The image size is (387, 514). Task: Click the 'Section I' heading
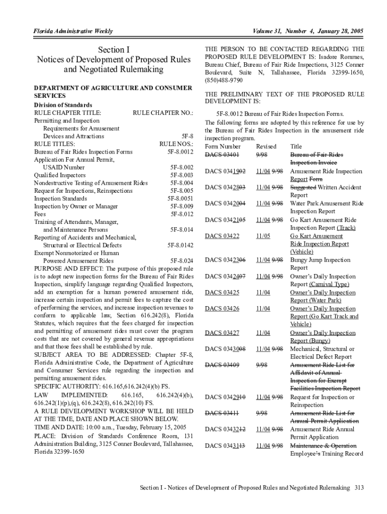[x=114, y=50]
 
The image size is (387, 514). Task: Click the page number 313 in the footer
[x=359, y=488]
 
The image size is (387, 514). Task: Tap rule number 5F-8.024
[x=181, y=261]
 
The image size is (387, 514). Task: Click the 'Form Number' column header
[x=223, y=147]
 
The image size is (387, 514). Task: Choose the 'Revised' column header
[x=266, y=147]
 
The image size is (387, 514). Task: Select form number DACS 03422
[x=222, y=235]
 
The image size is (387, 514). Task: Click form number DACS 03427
[x=222, y=333]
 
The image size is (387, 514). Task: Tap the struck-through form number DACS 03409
[x=222, y=365]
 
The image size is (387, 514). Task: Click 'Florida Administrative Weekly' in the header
[x=73, y=31]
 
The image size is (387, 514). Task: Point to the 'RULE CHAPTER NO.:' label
[x=163, y=112]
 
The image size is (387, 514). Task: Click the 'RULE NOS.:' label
[x=176, y=144]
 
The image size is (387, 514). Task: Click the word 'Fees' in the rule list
[x=40, y=214]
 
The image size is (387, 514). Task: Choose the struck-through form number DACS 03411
[x=222, y=413]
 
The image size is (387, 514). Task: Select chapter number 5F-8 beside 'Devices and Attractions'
[x=187, y=136]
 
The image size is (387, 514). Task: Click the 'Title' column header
[x=297, y=147]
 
